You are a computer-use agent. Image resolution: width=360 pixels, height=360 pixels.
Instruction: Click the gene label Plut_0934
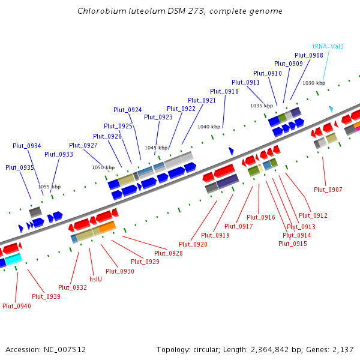coord(27,146)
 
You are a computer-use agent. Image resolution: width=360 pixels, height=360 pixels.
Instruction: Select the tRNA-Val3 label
coord(328,46)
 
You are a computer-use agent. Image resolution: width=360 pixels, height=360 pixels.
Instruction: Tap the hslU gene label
coord(95,279)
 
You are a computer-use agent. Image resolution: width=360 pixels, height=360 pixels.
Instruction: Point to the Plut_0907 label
coord(328,190)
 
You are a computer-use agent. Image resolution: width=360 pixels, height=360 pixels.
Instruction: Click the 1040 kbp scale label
coord(209,127)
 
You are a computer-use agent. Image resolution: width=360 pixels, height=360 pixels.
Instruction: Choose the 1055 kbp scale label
coord(49,187)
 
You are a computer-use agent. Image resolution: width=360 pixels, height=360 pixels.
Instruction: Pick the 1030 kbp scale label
coord(313,83)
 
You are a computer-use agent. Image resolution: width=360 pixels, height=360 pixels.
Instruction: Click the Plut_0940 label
coord(17,306)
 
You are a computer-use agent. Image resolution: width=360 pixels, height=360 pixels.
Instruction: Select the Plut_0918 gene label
coord(224,91)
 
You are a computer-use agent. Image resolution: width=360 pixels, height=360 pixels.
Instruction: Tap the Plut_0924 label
coord(128,110)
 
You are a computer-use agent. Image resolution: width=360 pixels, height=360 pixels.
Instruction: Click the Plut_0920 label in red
coord(193,244)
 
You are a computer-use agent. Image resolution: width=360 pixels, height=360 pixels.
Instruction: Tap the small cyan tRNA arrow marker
coord(330,109)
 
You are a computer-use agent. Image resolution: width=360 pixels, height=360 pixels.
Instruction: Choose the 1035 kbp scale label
coord(262,106)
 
